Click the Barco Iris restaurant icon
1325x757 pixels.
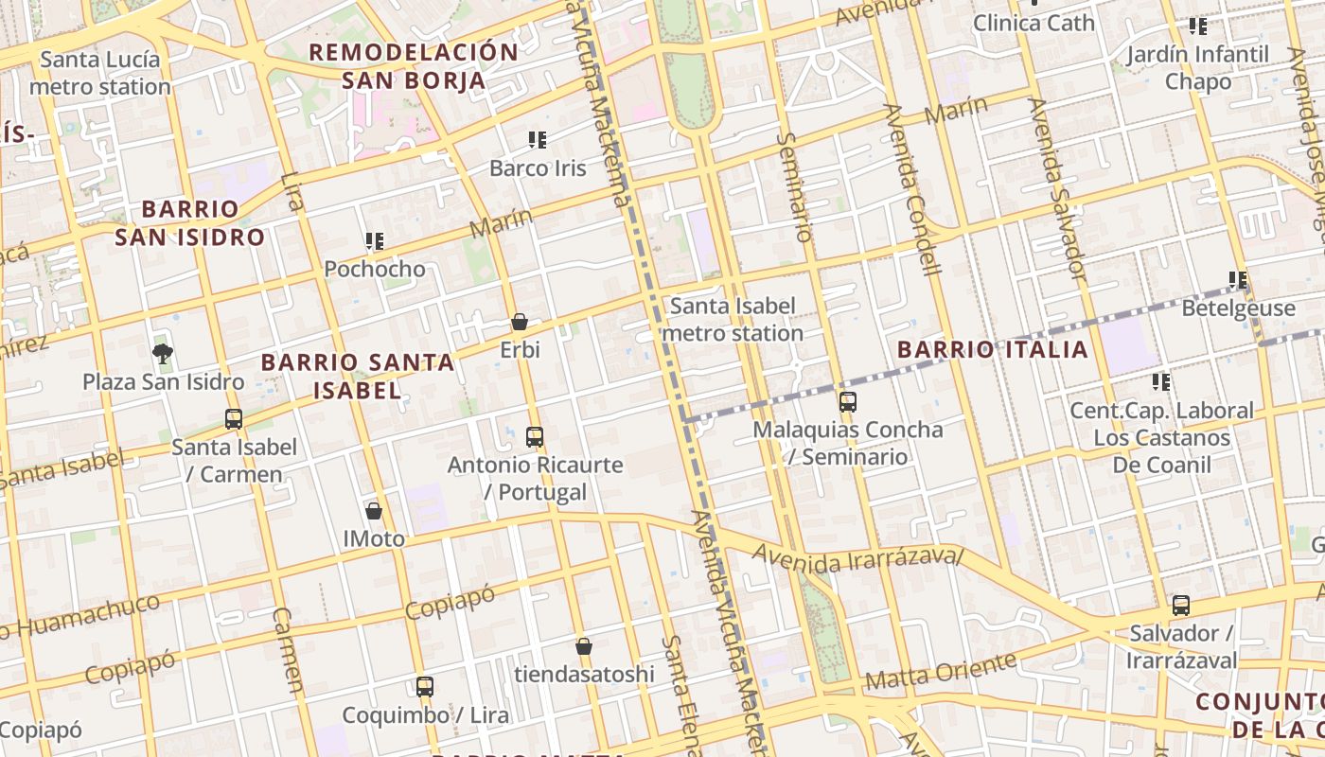click(538, 141)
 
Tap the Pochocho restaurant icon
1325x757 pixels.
click(375, 241)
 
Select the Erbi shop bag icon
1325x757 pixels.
click(519, 323)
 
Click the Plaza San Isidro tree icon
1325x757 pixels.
click(163, 354)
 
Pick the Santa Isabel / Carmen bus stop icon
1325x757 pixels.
click(234, 418)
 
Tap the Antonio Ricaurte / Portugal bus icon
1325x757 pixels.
click(535, 436)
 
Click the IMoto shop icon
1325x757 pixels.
click(374, 511)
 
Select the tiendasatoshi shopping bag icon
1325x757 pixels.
click(584, 646)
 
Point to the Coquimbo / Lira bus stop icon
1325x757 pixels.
click(425, 687)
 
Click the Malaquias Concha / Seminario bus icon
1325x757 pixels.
click(848, 401)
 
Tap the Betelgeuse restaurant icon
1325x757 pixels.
click(1238, 280)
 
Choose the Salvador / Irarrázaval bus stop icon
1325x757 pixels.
click(1181, 606)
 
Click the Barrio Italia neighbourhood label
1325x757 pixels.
click(993, 350)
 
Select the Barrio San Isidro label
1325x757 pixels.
click(189, 223)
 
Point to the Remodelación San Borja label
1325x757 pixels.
click(414, 66)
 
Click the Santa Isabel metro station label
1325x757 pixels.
click(733, 320)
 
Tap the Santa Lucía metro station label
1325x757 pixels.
click(100, 73)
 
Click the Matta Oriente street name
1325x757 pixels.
click(939, 673)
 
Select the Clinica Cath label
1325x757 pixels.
click(1033, 23)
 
